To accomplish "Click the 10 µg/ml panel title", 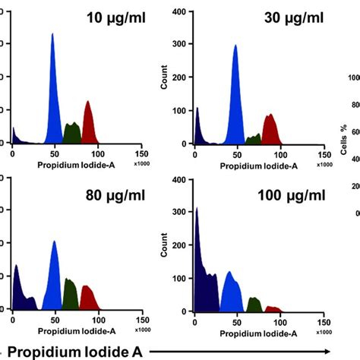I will (x=111, y=17).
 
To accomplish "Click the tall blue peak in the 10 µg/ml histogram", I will (x=52, y=99).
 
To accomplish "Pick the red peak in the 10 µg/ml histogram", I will (x=87, y=125).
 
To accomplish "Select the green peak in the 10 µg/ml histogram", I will (x=72, y=134).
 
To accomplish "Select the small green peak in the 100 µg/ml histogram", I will (x=254, y=305).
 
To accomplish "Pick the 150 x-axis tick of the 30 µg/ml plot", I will (x=323, y=153).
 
